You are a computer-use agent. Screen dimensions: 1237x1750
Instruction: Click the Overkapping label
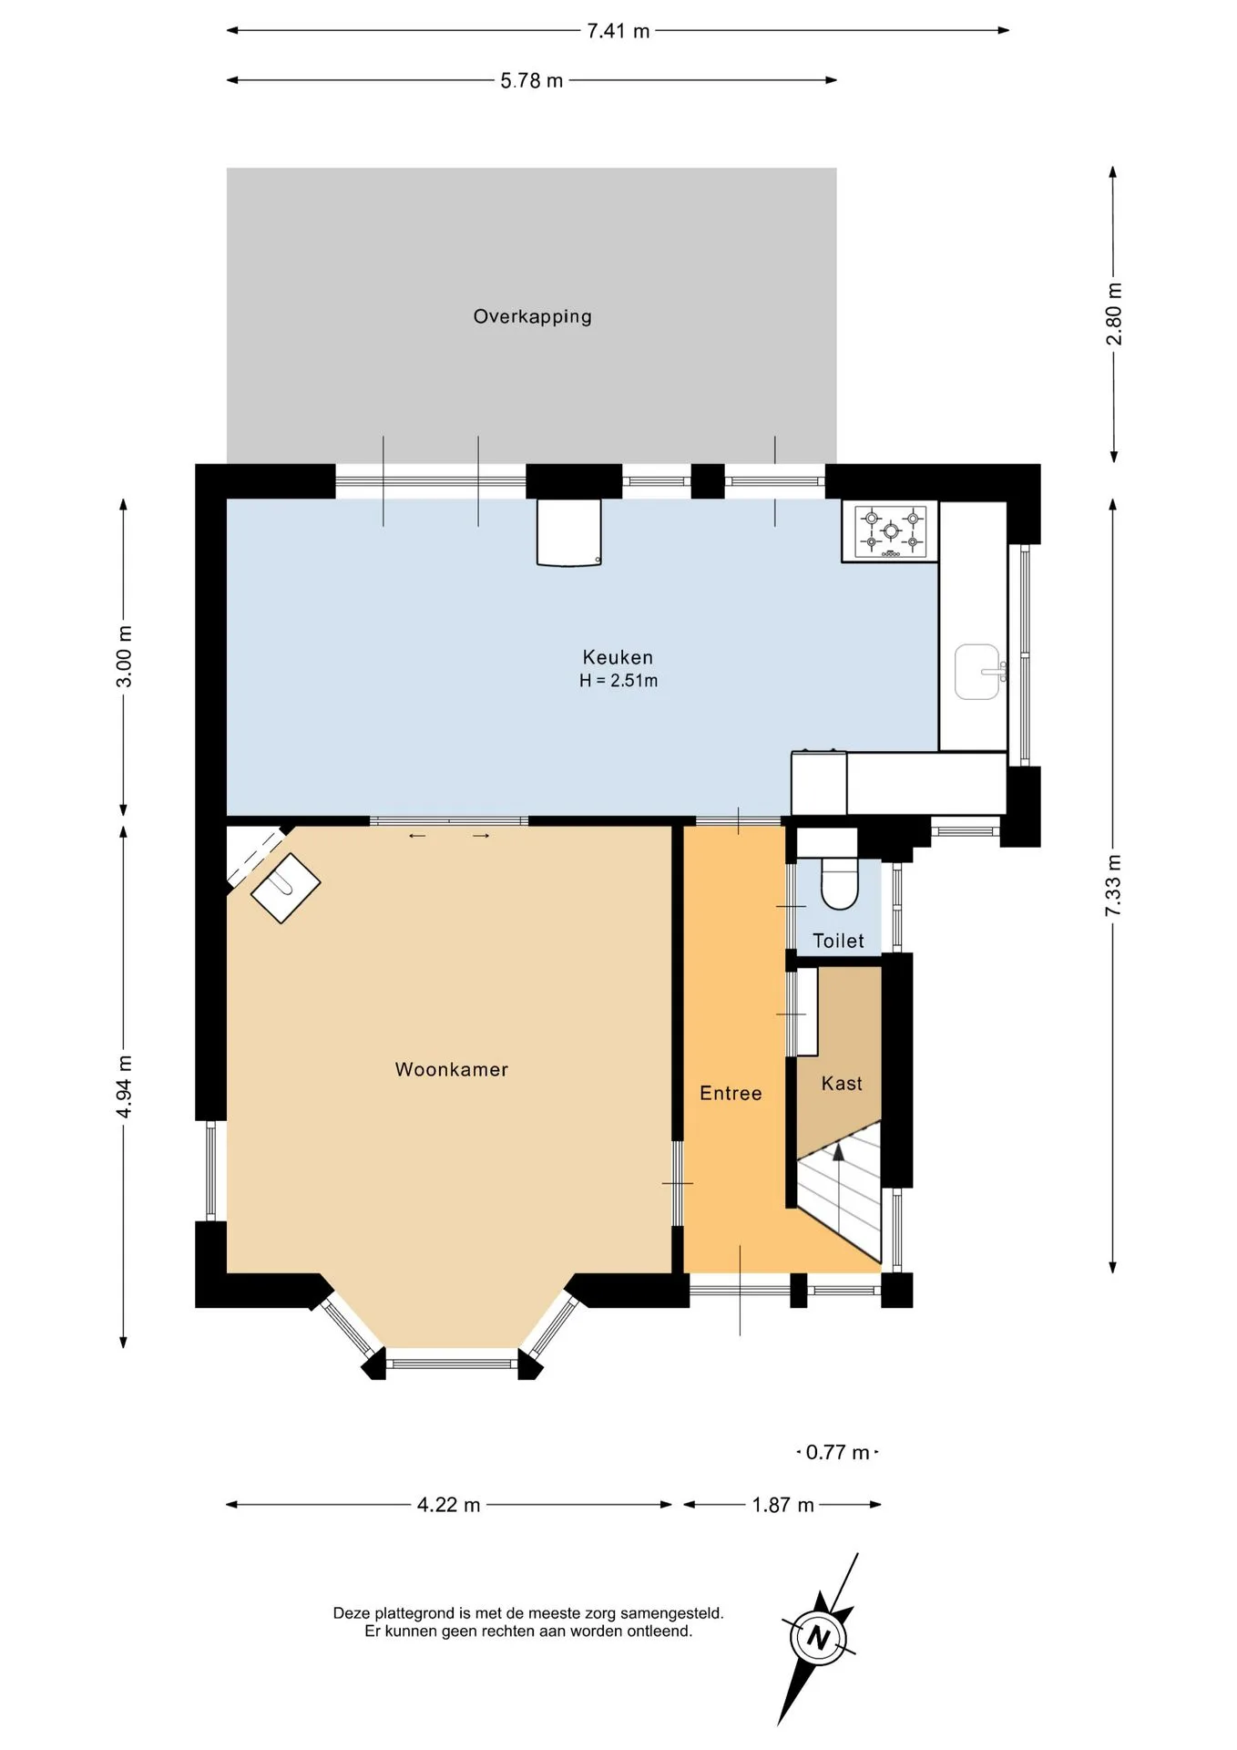(x=532, y=316)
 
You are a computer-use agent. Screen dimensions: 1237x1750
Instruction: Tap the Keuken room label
(x=618, y=657)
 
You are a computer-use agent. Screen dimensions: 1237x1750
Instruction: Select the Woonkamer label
(x=452, y=1069)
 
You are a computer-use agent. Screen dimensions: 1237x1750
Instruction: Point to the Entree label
(x=731, y=1093)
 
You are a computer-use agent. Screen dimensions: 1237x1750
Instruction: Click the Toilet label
(x=838, y=941)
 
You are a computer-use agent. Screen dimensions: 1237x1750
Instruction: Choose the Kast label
(x=842, y=1083)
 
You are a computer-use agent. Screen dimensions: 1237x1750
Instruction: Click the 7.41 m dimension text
(x=618, y=31)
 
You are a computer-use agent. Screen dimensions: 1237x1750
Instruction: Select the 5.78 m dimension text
(x=532, y=81)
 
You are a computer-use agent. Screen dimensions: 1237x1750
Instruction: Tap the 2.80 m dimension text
(x=1114, y=314)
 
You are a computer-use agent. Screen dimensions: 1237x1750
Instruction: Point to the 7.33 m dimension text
(x=1114, y=886)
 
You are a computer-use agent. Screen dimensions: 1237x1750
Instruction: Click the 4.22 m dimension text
(x=448, y=1505)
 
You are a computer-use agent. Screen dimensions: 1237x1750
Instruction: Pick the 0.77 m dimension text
(x=837, y=1452)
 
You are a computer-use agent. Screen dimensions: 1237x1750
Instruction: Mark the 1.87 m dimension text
(x=782, y=1505)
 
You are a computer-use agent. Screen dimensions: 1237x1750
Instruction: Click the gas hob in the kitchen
(x=891, y=531)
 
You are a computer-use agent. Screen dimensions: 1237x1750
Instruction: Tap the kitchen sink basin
(x=976, y=672)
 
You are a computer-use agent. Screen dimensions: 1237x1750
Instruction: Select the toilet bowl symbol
(x=840, y=883)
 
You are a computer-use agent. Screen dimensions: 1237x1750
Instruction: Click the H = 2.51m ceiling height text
(x=618, y=681)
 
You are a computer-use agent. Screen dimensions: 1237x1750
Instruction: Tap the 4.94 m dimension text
(x=125, y=1086)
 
